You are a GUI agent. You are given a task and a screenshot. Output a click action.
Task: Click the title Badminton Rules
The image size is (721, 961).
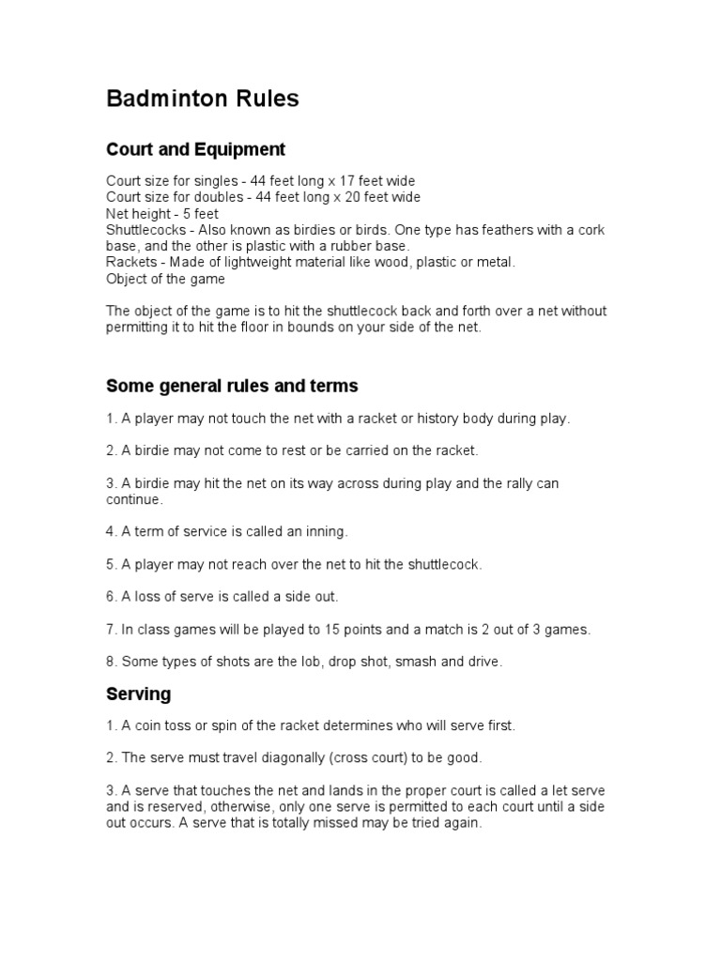pos(203,99)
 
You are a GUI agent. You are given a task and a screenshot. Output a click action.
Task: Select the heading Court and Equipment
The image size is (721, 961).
pos(195,149)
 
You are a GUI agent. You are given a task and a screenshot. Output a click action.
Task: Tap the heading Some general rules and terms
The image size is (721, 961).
pos(232,386)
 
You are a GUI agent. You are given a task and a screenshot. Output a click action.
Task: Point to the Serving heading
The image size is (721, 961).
pos(139,694)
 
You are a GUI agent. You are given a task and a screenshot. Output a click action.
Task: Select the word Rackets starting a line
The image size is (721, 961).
pos(130,262)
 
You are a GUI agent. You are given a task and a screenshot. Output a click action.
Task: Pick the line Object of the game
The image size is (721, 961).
pos(166,279)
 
